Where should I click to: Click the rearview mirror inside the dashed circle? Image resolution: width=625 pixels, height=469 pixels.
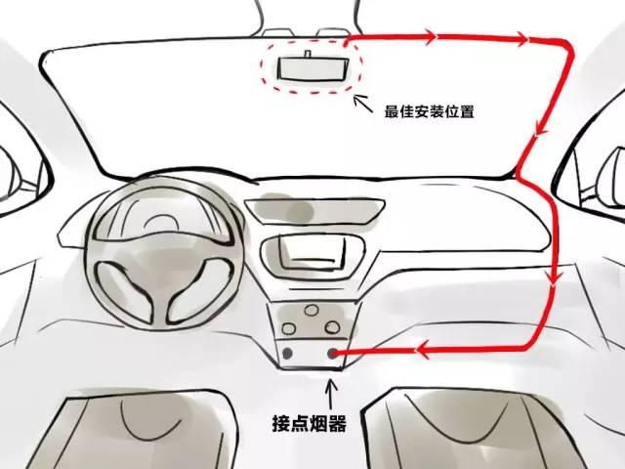[313, 68]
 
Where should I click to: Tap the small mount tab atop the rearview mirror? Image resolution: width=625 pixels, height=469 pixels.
[308, 54]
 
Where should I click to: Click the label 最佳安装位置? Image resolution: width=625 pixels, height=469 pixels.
[429, 111]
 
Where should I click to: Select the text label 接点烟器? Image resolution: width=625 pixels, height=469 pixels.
[309, 423]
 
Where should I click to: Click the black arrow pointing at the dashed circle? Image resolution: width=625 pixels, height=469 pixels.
[362, 104]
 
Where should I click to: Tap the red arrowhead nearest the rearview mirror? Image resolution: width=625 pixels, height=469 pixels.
[430, 37]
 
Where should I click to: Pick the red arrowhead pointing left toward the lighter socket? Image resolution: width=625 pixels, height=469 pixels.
[423, 350]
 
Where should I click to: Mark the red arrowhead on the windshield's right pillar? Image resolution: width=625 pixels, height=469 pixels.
[541, 128]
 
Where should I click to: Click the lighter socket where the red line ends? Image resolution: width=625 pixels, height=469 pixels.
[332, 353]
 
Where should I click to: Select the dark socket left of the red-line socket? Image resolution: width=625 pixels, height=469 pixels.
[287, 353]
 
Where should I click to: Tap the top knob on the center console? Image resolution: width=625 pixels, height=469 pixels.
[312, 310]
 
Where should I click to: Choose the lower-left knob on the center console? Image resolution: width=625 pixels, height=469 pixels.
[289, 328]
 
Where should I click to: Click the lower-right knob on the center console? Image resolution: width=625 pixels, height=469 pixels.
[332, 327]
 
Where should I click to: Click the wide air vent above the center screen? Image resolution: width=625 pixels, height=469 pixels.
[314, 211]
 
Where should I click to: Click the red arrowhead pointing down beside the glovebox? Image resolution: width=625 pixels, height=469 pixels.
[554, 277]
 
